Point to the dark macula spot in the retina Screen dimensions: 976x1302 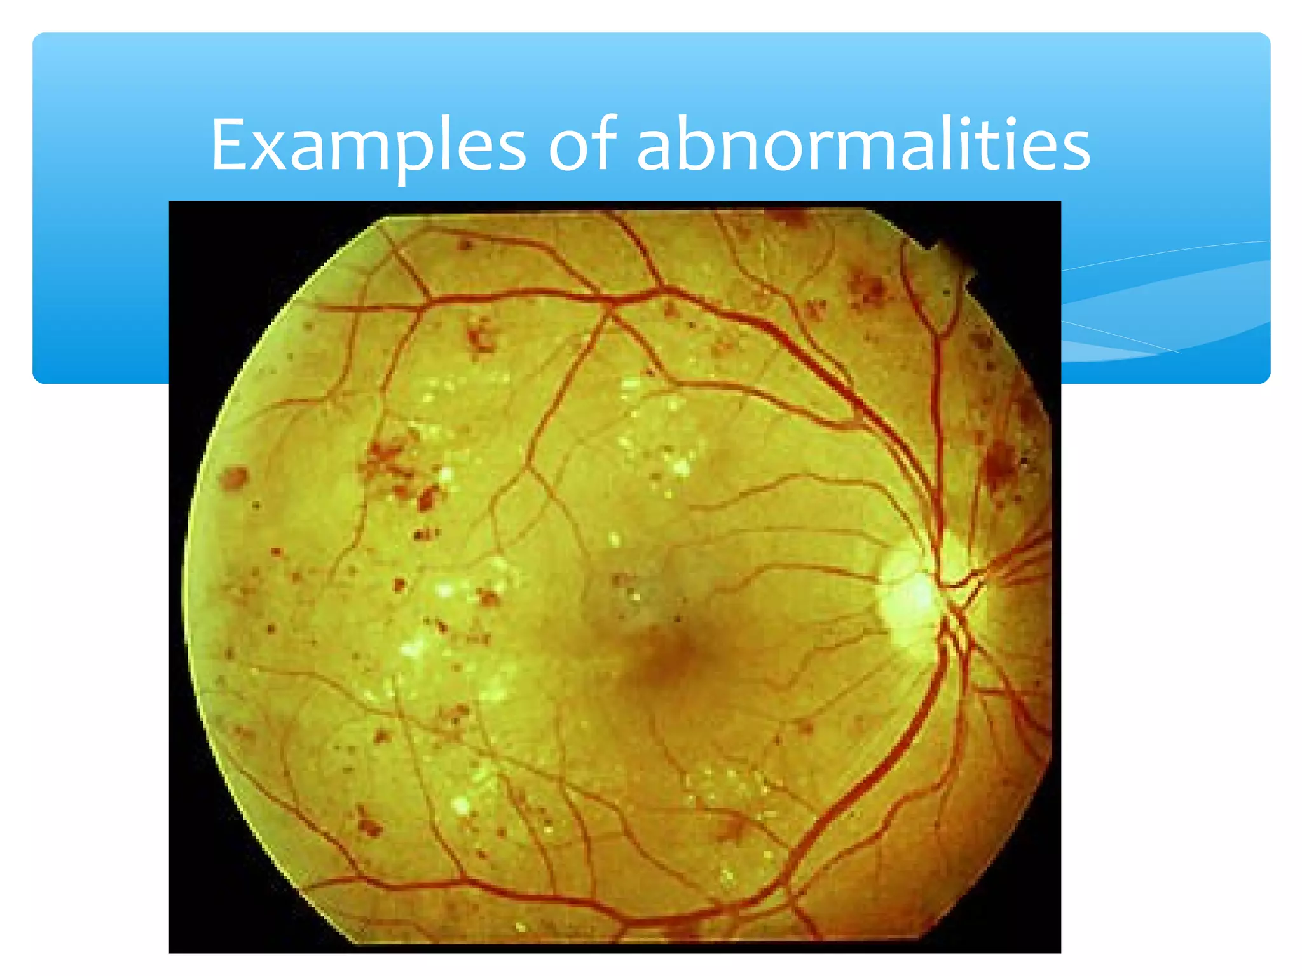click(x=664, y=658)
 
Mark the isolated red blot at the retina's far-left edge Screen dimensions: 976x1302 click(x=235, y=477)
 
